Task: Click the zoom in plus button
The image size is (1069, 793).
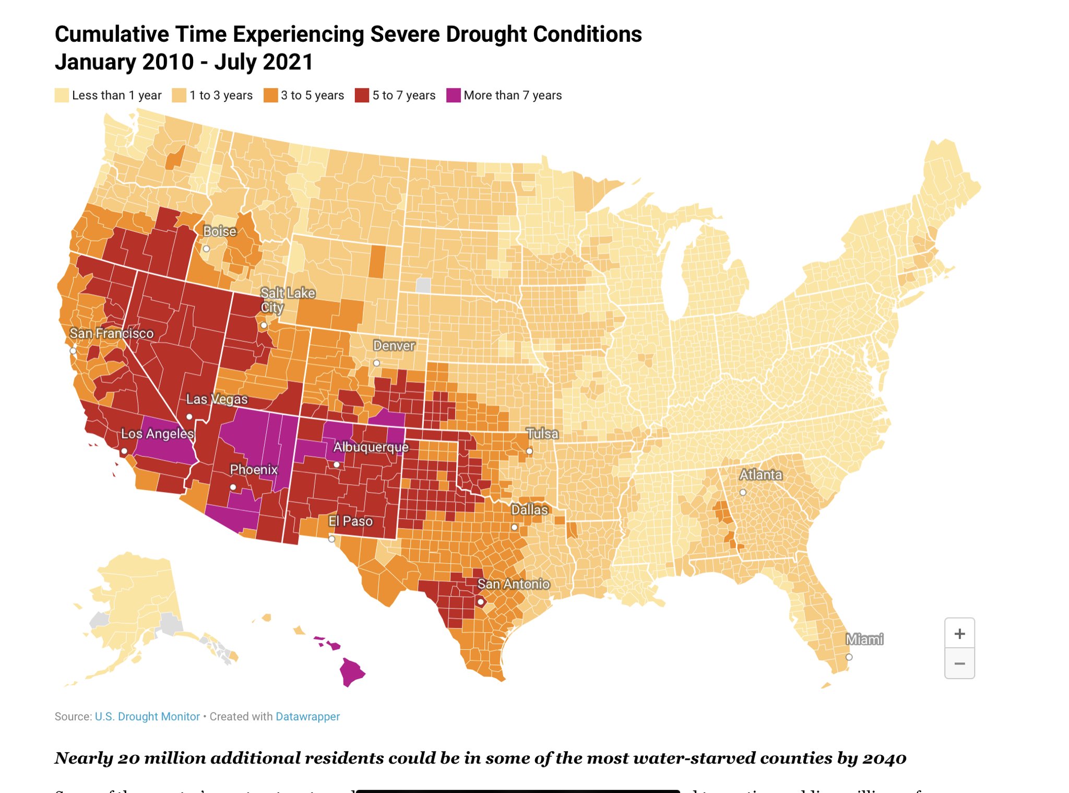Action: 959,634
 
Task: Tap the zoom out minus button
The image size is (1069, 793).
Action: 959,663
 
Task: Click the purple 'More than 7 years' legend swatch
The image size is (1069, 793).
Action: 454,96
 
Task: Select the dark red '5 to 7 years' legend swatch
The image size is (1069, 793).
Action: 362,96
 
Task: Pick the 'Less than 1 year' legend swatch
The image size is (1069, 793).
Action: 62,96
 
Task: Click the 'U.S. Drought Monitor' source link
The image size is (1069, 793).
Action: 147,717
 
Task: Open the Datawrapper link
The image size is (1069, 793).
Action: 307,717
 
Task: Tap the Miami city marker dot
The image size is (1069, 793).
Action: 849,657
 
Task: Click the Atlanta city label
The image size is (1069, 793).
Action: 761,475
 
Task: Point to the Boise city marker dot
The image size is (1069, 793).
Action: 207,249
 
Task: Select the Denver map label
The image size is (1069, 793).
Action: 394,346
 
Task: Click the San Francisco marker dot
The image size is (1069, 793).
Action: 73,351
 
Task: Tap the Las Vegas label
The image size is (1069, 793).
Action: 217,399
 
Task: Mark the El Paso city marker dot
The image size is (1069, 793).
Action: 331,539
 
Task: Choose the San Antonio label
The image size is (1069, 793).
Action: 514,584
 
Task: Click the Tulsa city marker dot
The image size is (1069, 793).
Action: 529,451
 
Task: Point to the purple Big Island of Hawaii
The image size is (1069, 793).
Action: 352,672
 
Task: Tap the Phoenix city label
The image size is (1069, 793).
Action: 254,470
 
